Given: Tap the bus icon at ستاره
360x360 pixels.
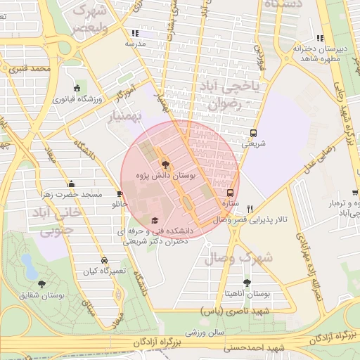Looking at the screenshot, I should pos(230,193).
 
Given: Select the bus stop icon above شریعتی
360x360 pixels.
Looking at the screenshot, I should pos(253,132).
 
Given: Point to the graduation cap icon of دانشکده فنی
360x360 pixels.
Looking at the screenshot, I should pos(155,221).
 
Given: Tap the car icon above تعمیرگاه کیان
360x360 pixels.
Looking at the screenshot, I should pos(104,260).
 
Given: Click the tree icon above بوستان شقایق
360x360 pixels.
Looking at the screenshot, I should pos(42,284).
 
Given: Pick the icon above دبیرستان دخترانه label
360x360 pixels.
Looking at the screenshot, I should pos(321,39).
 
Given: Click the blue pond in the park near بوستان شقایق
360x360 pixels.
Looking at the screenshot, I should pos(29,266).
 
